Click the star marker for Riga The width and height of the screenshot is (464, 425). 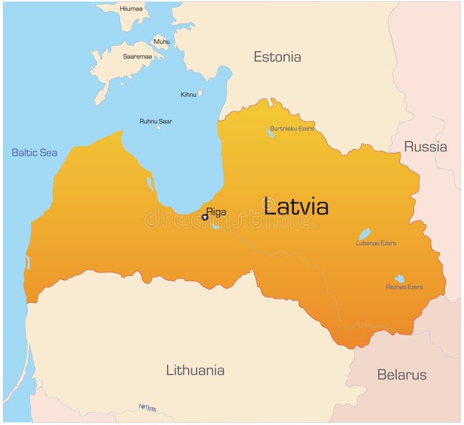[x=205, y=217]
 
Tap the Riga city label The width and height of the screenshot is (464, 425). [x=216, y=212]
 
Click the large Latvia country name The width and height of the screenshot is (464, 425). [x=296, y=206]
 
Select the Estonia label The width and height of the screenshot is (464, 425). [x=277, y=57]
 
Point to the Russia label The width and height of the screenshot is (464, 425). [x=425, y=147]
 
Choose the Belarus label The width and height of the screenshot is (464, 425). [x=402, y=375]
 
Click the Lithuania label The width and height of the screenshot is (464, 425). [x=195, y=370]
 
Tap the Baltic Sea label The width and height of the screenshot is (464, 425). [x=35, y=152]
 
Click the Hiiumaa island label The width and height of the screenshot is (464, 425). [x=130, y=9]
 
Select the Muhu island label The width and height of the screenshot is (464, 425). [x=162, y=42]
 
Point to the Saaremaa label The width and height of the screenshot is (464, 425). [x=137, y=57]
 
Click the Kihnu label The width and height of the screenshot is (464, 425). [x=188, y=95]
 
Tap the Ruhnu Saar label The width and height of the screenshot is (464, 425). [x=155, y=121]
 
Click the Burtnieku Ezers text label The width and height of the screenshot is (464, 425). [x=292, y=128]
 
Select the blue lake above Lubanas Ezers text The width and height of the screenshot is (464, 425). [x=364, y=234]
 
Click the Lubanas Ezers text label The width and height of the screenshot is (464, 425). [x=376, y=243]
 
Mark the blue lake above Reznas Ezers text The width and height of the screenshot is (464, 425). [x=399, y=279]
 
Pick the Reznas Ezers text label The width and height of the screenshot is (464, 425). [x=404, y=287]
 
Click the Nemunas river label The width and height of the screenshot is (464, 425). [x=148, y=408]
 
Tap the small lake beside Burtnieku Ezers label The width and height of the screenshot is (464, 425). [x=270, y=133]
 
